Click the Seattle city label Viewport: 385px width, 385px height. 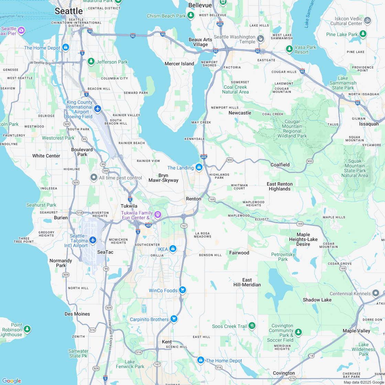click(x=69, y=11)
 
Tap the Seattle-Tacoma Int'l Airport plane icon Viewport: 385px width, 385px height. click(x=93, y=240)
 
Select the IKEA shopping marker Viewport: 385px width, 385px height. click(x=173, y=249)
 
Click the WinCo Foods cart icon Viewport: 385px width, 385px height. click(x=183, y=290)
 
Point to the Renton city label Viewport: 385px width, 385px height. click(x=194, y=199)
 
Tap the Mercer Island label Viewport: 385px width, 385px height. click(x=179, y=64)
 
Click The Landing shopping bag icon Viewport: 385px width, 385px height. click(x=199, y=167)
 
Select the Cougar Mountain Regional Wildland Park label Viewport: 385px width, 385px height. click(x=292, y=129)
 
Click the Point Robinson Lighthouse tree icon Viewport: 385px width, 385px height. click(x=27, y=329)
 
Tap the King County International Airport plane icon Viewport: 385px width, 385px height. click(x=98, y=109)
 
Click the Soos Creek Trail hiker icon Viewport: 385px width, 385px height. click(x=252, y=325)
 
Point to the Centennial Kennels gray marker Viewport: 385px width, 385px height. click(x=376, y=293)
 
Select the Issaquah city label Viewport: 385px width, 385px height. click(x=368, y=124)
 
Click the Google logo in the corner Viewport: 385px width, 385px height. click(x=11, y=381)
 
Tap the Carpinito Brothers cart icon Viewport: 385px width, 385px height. click(x=174, y=319)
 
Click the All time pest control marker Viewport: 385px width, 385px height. click(x=93, y=177)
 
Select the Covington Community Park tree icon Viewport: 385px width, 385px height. click(x=298, y=332)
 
